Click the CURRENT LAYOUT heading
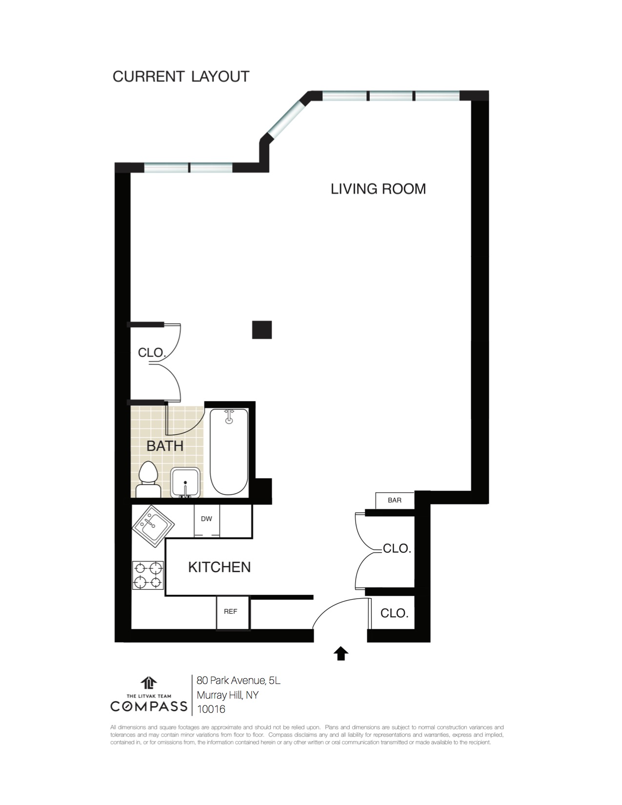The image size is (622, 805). [181, 77]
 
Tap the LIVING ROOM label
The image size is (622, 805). [378, 189]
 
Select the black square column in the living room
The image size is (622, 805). [262, 330]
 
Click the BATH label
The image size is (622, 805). [165, 446]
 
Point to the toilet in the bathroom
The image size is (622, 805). [148, 480]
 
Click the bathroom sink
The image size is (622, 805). [185, 483]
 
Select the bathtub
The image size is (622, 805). [229, 452]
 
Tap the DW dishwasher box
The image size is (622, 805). [207, 521]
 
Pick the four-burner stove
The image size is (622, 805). [148, 575]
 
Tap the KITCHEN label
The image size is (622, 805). [220, 567]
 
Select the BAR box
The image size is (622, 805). [395, 501]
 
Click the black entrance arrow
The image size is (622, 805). [341, 654]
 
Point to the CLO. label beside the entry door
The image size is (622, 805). [394, 613]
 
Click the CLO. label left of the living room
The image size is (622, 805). [152, 352]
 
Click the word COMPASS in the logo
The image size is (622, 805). [149, 706]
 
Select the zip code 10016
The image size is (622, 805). [211, 709]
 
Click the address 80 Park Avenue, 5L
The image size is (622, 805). [239, 681]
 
